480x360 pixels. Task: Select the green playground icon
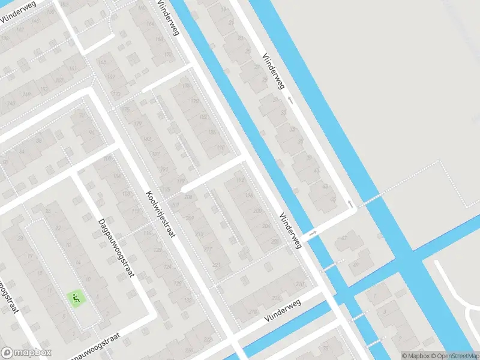point(76,296)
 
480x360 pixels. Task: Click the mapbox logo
point(26,353)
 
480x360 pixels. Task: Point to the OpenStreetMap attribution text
point(451,355)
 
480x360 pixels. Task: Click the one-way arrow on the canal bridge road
point(313,233)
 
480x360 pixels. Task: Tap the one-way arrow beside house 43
point(350,204)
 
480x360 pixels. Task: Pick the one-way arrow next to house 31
point(290,100)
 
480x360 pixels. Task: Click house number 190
point(220,148)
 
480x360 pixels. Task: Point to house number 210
point(300,284)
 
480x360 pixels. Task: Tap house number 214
point(276,298)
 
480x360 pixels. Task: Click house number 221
point(216,265)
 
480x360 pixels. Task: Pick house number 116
point(148,233)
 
